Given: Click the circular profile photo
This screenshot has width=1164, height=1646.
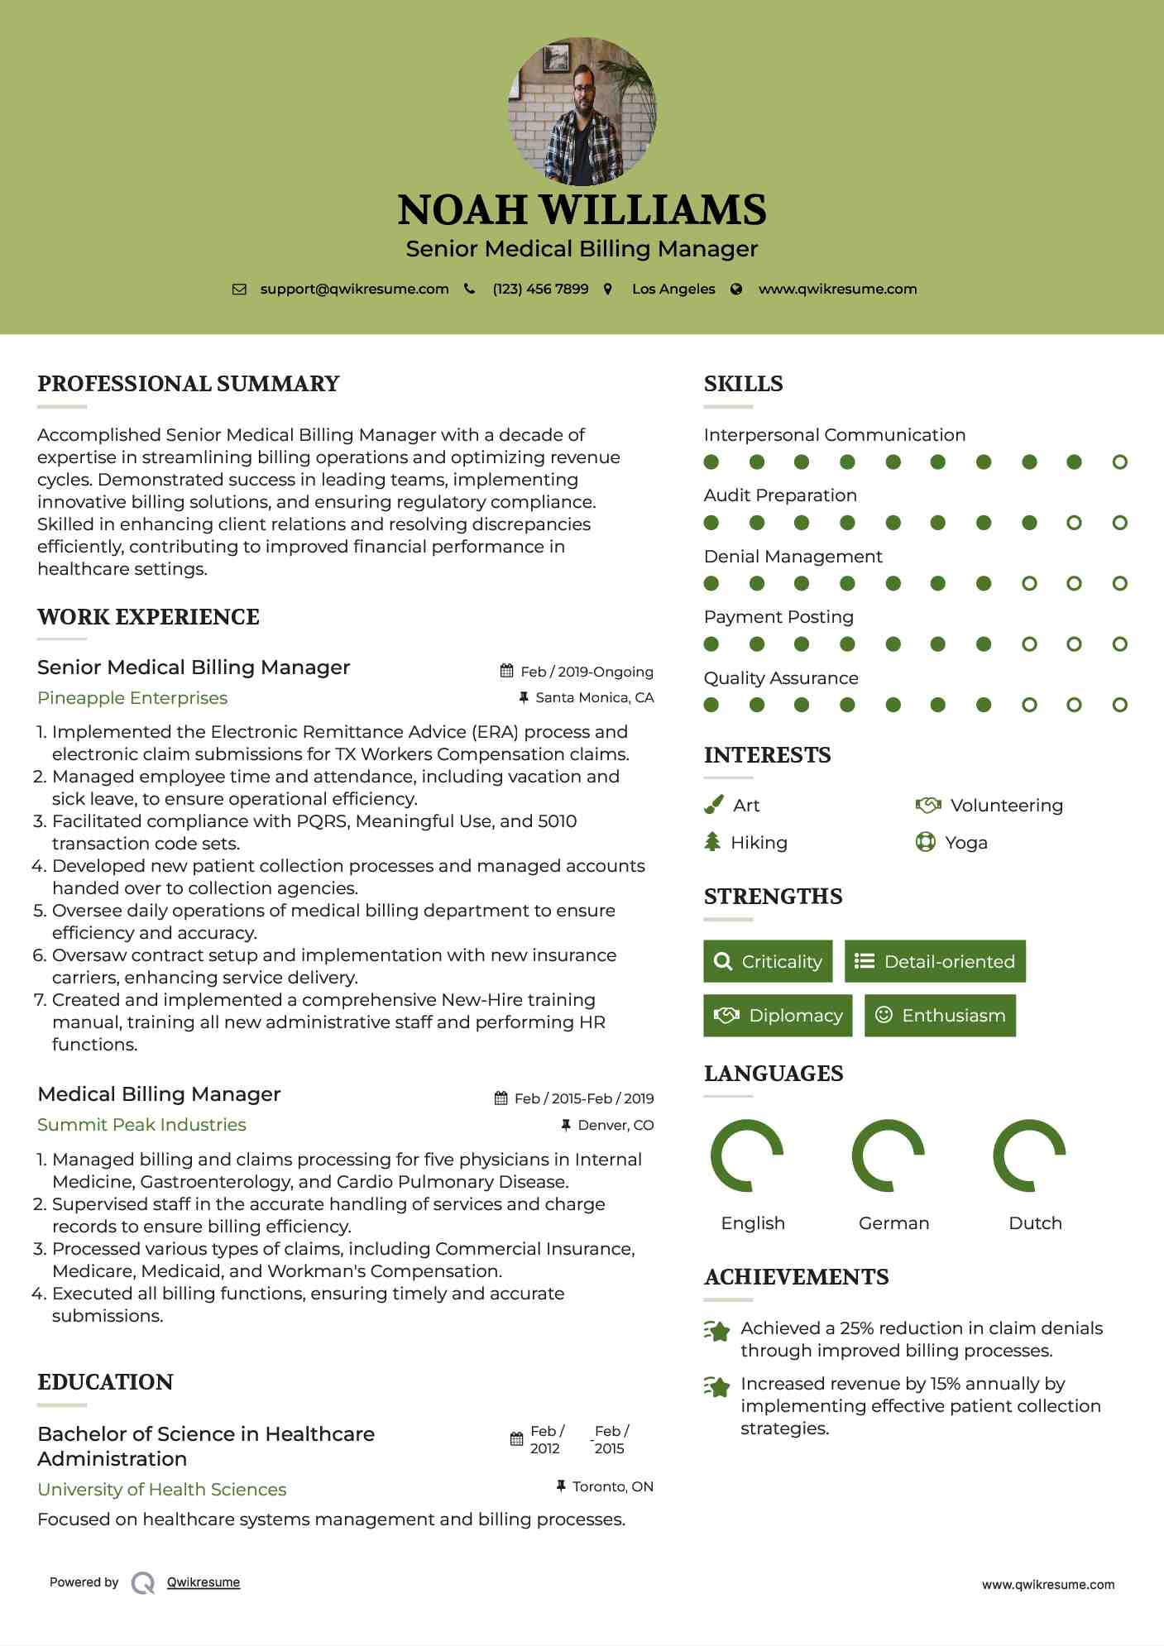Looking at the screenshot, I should coord(582,111).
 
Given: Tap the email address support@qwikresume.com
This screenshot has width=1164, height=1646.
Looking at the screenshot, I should coord(354,289).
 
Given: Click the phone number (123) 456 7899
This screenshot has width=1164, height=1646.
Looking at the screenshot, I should coord(540,289).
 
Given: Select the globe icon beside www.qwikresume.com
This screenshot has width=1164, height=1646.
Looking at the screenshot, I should coord(736,289).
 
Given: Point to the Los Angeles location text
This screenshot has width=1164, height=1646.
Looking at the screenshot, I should coord(673,289).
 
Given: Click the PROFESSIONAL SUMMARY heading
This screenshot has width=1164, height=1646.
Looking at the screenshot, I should coord(189,384).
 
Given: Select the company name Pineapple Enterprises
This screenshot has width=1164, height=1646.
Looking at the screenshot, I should coord(132,697).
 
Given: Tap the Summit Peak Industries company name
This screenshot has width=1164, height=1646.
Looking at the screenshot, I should coord(141,1124).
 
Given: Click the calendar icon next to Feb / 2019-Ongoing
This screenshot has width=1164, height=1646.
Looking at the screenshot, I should coord(506,671).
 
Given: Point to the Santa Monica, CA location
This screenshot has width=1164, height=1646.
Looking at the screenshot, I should coord(594,697).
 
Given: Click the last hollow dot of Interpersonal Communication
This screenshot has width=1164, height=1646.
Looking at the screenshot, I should coord(1119,462).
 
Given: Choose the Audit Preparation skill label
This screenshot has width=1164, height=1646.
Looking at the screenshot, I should coord(780,495).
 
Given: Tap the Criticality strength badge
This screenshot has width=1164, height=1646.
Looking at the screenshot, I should coord(768,961).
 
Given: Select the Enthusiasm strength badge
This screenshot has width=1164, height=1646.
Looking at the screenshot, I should coord(940,1015).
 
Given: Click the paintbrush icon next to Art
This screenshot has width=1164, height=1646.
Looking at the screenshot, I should coord(713,805).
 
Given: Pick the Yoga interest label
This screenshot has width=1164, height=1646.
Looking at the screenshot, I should coord(965,842).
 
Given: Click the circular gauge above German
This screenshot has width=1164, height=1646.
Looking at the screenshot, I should coord(889,1155).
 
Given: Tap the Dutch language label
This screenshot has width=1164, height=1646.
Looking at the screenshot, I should coord(1035,1223).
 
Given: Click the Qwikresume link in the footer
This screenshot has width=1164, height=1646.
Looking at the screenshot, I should coord(204,1581).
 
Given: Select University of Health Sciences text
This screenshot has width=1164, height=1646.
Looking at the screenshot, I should coord(162,1489).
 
